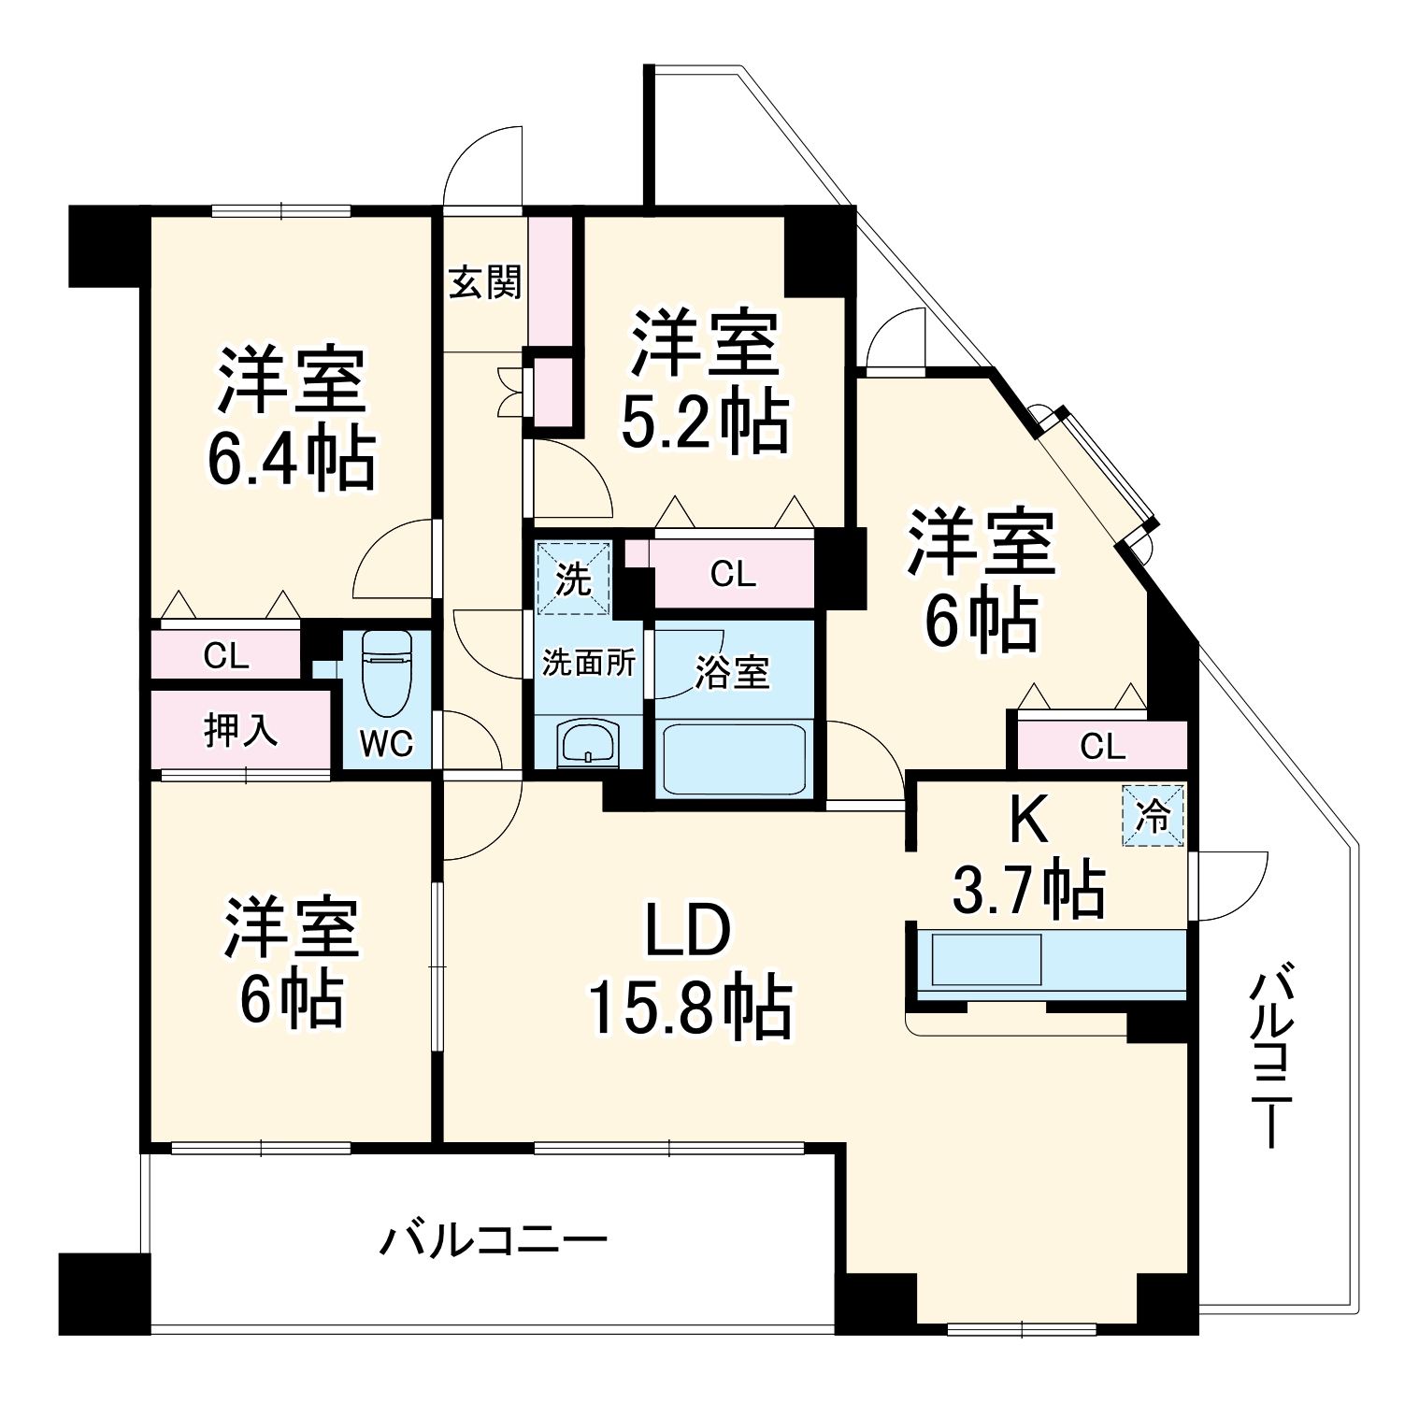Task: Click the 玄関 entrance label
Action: pos(484,281)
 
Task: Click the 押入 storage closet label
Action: pos(240,730)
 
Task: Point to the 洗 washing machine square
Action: pos(573,579)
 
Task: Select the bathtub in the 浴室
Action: pos(734,758)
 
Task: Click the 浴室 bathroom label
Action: pos(733,672)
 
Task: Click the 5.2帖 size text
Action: pos(705,422)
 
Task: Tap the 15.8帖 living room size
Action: pos(690,1009)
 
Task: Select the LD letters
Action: pos(687,931)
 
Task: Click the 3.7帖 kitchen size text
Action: pos(1028,889)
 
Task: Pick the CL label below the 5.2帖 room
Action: pos(732,574)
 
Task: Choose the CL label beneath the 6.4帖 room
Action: pos(226,657)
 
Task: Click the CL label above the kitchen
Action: pos(1102,746)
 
